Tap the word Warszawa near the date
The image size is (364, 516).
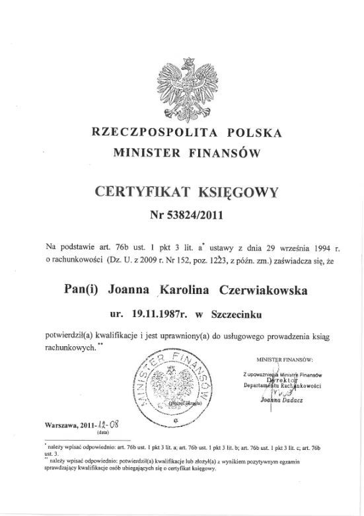tap(61, 425)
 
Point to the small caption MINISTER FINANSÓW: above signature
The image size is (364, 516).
tap(283, 360)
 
